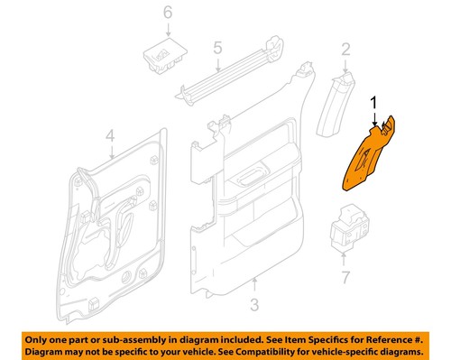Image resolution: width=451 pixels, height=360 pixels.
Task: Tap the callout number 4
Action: [x=110, y=137]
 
